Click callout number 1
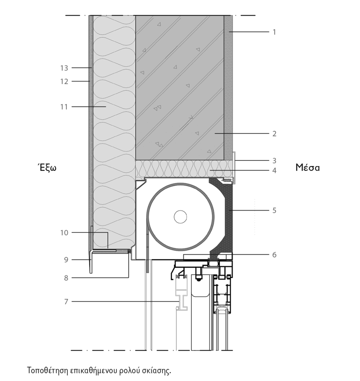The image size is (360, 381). (x=274, y=32)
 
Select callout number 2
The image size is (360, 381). (x=274, y=134)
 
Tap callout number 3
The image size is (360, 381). (x=274, y=161)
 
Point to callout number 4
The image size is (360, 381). (x=274, y=170)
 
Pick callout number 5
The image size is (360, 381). (x=274, y=211)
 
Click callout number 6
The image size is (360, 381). (x=274, y=254)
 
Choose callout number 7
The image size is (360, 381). (x=66, y=302)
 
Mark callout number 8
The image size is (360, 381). (x=66, y=278)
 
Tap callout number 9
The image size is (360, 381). (x=66, y=260)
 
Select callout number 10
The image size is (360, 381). (x=64, y=233)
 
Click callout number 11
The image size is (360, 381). (x=64, y=107)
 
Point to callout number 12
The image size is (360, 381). (x=64, y=81)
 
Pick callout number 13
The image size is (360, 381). (x=64, y=68)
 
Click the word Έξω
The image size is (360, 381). (x=47, y=168)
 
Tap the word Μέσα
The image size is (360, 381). (x=307, y=168)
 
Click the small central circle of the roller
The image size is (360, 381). (x=180, y=217)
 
